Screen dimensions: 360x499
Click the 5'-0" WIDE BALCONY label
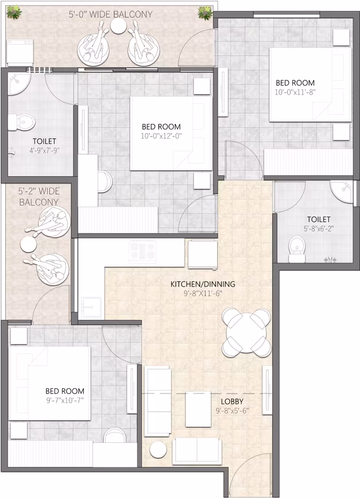[111, 14]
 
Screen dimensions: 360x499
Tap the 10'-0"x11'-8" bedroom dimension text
[295, 92]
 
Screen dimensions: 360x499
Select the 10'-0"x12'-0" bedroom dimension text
[161, 136]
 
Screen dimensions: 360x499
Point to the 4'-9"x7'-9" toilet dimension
[45, 150]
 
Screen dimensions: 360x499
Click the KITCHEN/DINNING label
[203, 284]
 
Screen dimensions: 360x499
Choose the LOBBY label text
[232, 401]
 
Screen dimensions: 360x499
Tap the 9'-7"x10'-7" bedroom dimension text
[65, 400]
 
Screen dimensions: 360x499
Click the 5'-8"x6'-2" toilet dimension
[319, 228]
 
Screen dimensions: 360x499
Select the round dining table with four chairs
[246, 333]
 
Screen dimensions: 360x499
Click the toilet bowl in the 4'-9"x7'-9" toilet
[22, 122]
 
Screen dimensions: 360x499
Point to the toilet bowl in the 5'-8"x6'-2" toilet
[297, 249]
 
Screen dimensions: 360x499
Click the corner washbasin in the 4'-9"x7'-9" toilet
[18, 83]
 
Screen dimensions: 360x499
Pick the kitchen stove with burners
[143, 251]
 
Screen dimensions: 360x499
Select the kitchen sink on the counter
[91, 307]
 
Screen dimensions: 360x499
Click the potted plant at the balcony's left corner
[14, 13]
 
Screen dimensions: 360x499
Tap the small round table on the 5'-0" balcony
[119, 26]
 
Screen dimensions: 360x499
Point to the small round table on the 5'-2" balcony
[28, 244]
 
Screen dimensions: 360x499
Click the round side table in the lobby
[158, 450]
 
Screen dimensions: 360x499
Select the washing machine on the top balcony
[19, 52]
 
